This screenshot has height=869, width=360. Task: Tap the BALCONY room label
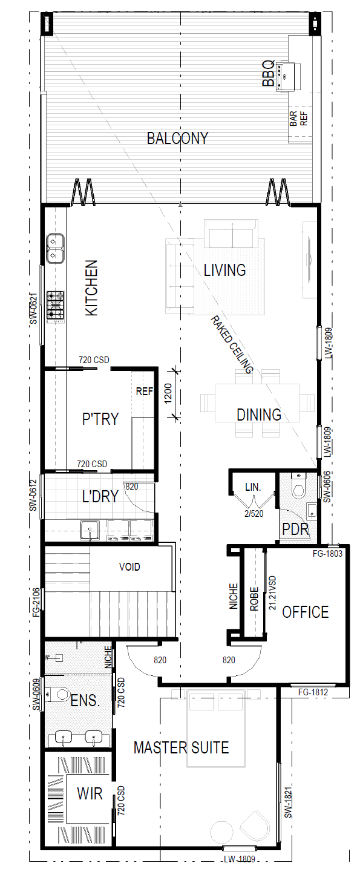pyautogui.click(x=177, y=138)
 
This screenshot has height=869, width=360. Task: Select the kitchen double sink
pyautogui.click(x=55, y=248)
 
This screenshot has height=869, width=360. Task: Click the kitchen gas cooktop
pyautogui.click(x=56, y=306)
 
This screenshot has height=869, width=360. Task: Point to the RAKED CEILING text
pyautogui.click(x=232, y=344)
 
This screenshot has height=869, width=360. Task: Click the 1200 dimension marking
pyautogui.click(x=168, y=393)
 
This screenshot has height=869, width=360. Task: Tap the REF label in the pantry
pyautogui.click(x=145, y=392)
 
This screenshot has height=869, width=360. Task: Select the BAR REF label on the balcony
pyautogui.click(x=298, y=119)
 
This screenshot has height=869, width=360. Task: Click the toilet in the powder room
pyautogui.click(x=298, y=485)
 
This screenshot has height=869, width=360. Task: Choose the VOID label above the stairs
pyautogui.click(x=129, y=567)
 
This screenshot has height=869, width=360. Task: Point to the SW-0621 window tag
pyautogui.click(x=34, y=308)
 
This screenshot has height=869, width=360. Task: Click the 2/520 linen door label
pyautogui.click(x=254, y=514)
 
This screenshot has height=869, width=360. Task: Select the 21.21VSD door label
pyautogui.click(x=273, y=593)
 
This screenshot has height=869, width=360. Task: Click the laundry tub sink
pyautogui.click(x=90, y=530)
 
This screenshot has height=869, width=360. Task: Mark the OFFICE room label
pyautogui.click(x=306, y=612)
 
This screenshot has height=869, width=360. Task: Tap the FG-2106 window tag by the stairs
pyautogui.click(x=36, y=603)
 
